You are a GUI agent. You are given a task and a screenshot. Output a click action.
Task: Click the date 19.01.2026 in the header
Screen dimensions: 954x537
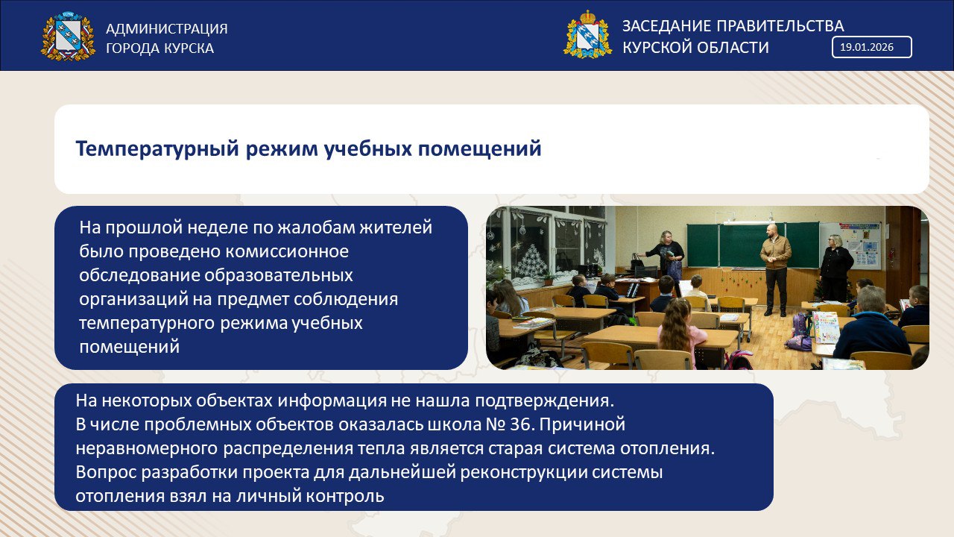866,47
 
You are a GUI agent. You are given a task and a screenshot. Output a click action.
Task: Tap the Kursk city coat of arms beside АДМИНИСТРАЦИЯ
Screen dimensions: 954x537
68,36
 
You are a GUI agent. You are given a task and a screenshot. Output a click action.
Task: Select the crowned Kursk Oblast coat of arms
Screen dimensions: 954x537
588,34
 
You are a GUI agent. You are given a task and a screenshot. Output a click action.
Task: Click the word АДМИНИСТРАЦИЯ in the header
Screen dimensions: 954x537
166,28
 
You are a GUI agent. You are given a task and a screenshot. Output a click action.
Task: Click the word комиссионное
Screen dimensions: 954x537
287,251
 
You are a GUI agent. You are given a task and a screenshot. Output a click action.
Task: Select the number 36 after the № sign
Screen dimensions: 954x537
522,424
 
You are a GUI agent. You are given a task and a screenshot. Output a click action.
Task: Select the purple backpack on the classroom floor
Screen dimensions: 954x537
799,333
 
